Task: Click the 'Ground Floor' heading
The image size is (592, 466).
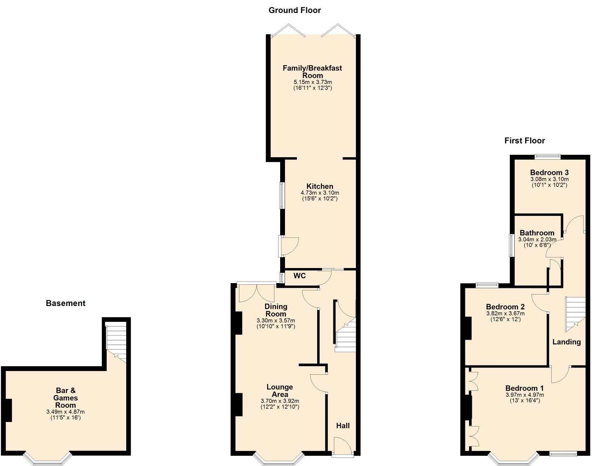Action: (x=294, y=11)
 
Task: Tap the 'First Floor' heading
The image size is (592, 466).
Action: (x=524, y=141)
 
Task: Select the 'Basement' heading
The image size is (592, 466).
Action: (x=66, y=303)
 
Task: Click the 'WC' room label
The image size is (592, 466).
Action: (x=299, y=276)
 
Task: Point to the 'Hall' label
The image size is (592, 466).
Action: (x=342, y=426)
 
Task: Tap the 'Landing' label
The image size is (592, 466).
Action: (x=566, y=342)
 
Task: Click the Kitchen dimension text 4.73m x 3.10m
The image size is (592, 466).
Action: (x=320, y=193)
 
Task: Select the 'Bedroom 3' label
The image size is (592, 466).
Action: (x=549, y=173)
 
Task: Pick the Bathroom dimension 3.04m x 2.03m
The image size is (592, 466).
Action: (x=537, y=240)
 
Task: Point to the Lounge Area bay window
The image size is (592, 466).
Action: (x=278, y=459)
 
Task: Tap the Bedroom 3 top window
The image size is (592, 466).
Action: (x=548, y=156)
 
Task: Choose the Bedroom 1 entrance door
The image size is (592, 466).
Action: (x=561, y=374)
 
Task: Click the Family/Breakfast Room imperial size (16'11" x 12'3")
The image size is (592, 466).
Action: (x=312, y=88)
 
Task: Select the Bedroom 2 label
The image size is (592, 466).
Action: (x=505, y=307)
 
